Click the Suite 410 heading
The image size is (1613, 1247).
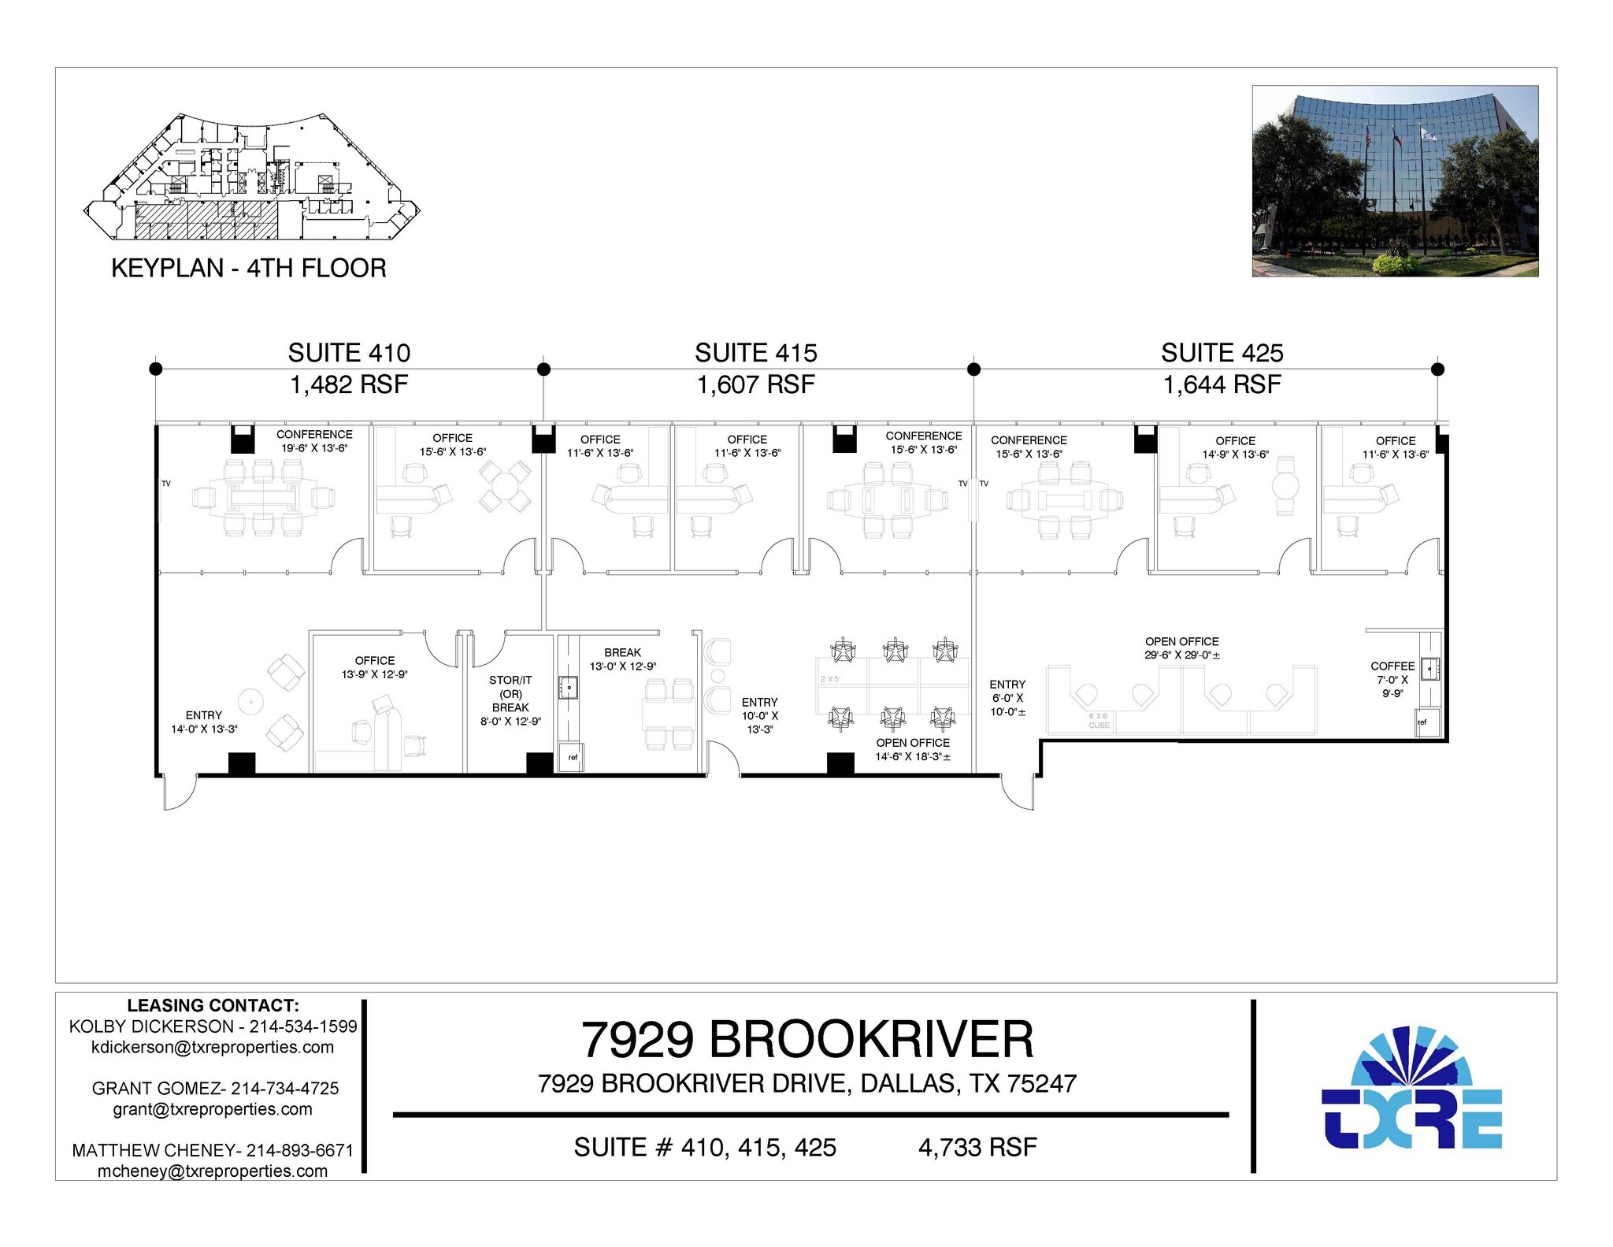pos(349,353)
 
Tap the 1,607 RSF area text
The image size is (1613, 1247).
pos(755,385)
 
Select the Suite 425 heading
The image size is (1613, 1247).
pos(1222,353)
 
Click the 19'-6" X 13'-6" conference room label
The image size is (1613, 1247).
pos(314,441)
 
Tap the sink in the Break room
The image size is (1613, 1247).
pos(568,688)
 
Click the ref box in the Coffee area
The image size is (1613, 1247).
pos(1422,722)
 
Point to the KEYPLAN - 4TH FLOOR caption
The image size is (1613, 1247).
pos(249,269)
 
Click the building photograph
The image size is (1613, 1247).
pos(1394,181)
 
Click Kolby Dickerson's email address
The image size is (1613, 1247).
pos(213,1048)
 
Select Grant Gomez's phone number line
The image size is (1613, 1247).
pos(215,1089)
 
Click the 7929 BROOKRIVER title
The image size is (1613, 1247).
pos(806,1040)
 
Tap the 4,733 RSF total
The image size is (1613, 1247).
pos(977,1148)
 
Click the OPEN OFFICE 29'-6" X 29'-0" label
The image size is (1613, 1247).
pos(1181,648)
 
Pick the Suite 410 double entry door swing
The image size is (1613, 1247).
pos(179,792)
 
